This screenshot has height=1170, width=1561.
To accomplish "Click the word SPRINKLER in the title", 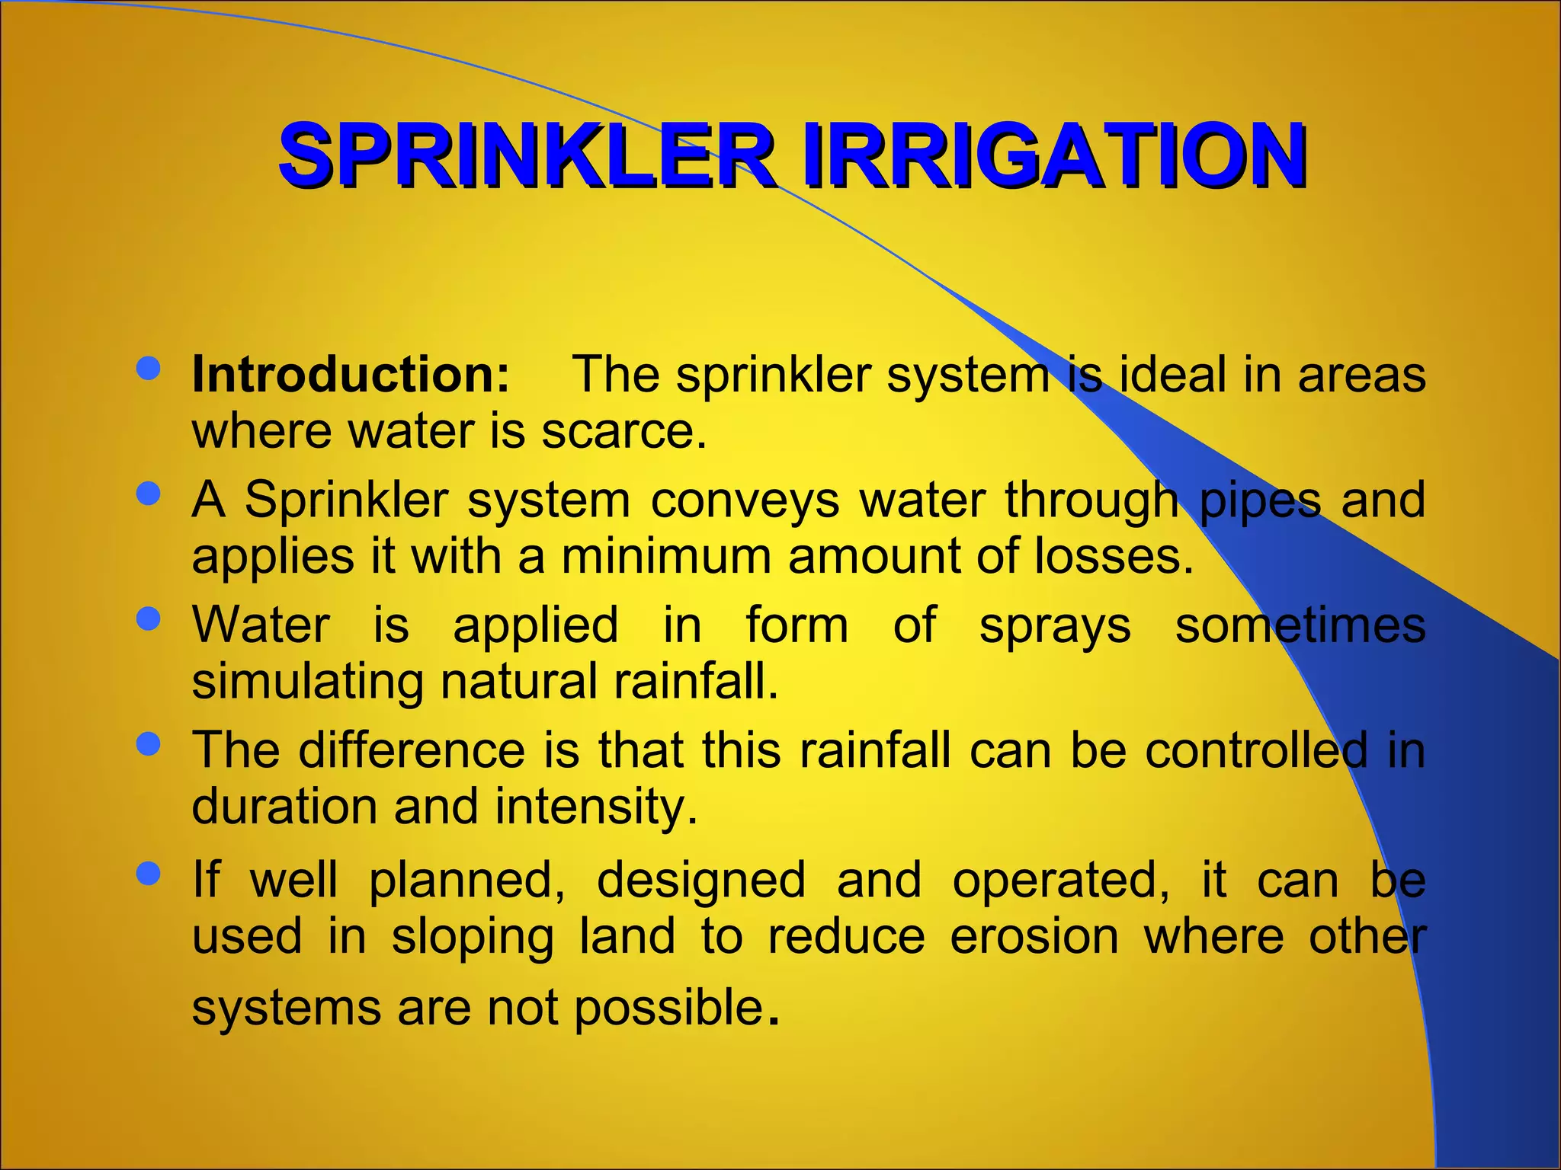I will [x=526, y=156].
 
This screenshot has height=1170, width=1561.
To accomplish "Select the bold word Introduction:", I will [x=351, y=375].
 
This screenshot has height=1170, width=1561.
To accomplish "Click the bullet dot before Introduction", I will [x=148, y=369].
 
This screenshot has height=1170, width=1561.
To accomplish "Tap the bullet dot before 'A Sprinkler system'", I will [x=148, y=494].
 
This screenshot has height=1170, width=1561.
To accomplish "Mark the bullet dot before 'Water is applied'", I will [x=148, y=619].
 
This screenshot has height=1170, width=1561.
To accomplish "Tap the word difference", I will [x=412, y=750].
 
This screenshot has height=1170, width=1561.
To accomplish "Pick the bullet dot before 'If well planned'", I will [x=148, y=873].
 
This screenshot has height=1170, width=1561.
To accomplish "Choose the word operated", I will [x=1060, y=881].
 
